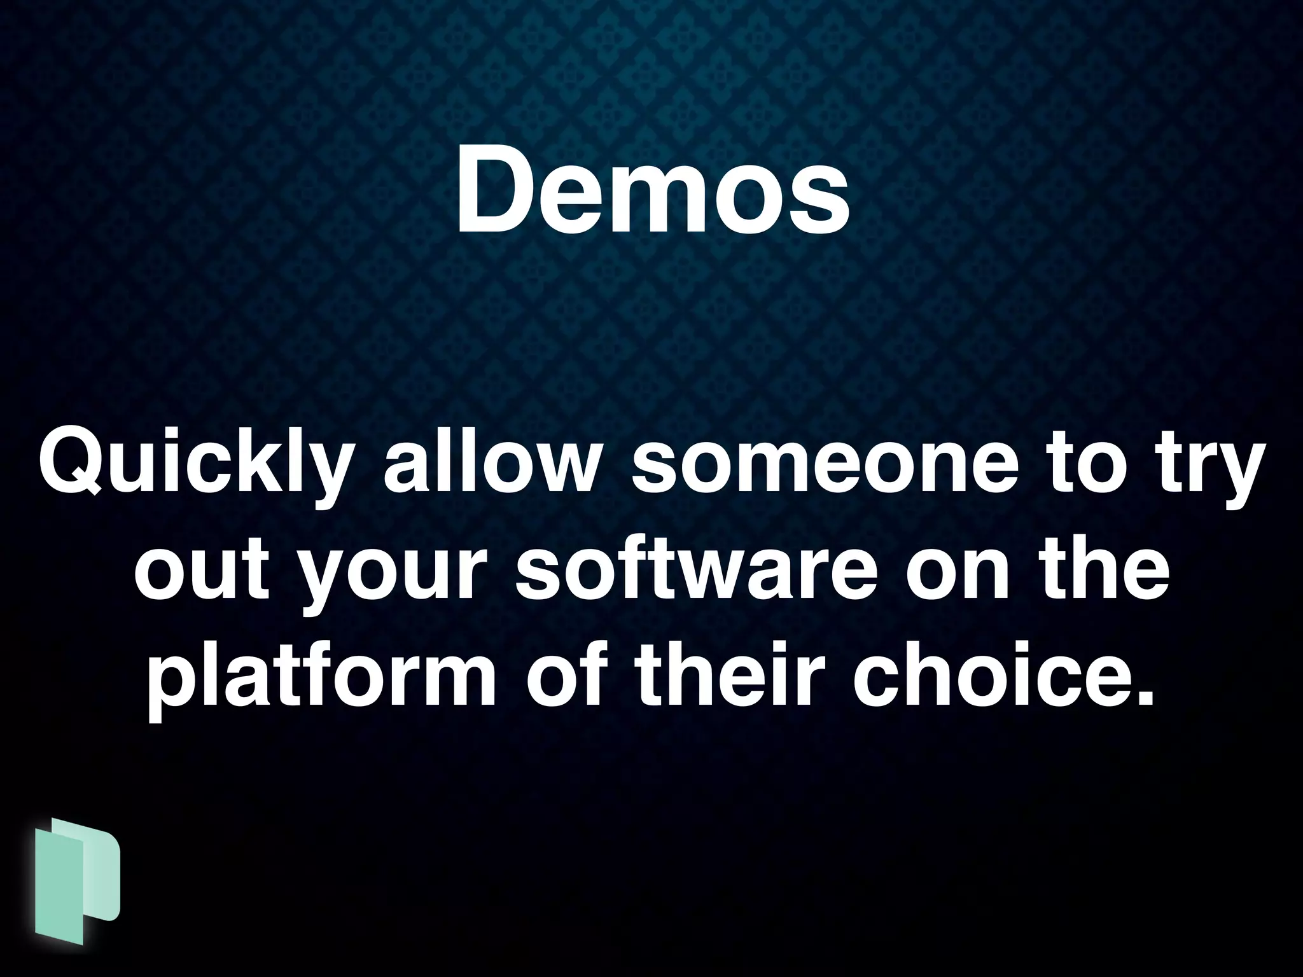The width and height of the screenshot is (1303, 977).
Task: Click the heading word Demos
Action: [x=651, y=191]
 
